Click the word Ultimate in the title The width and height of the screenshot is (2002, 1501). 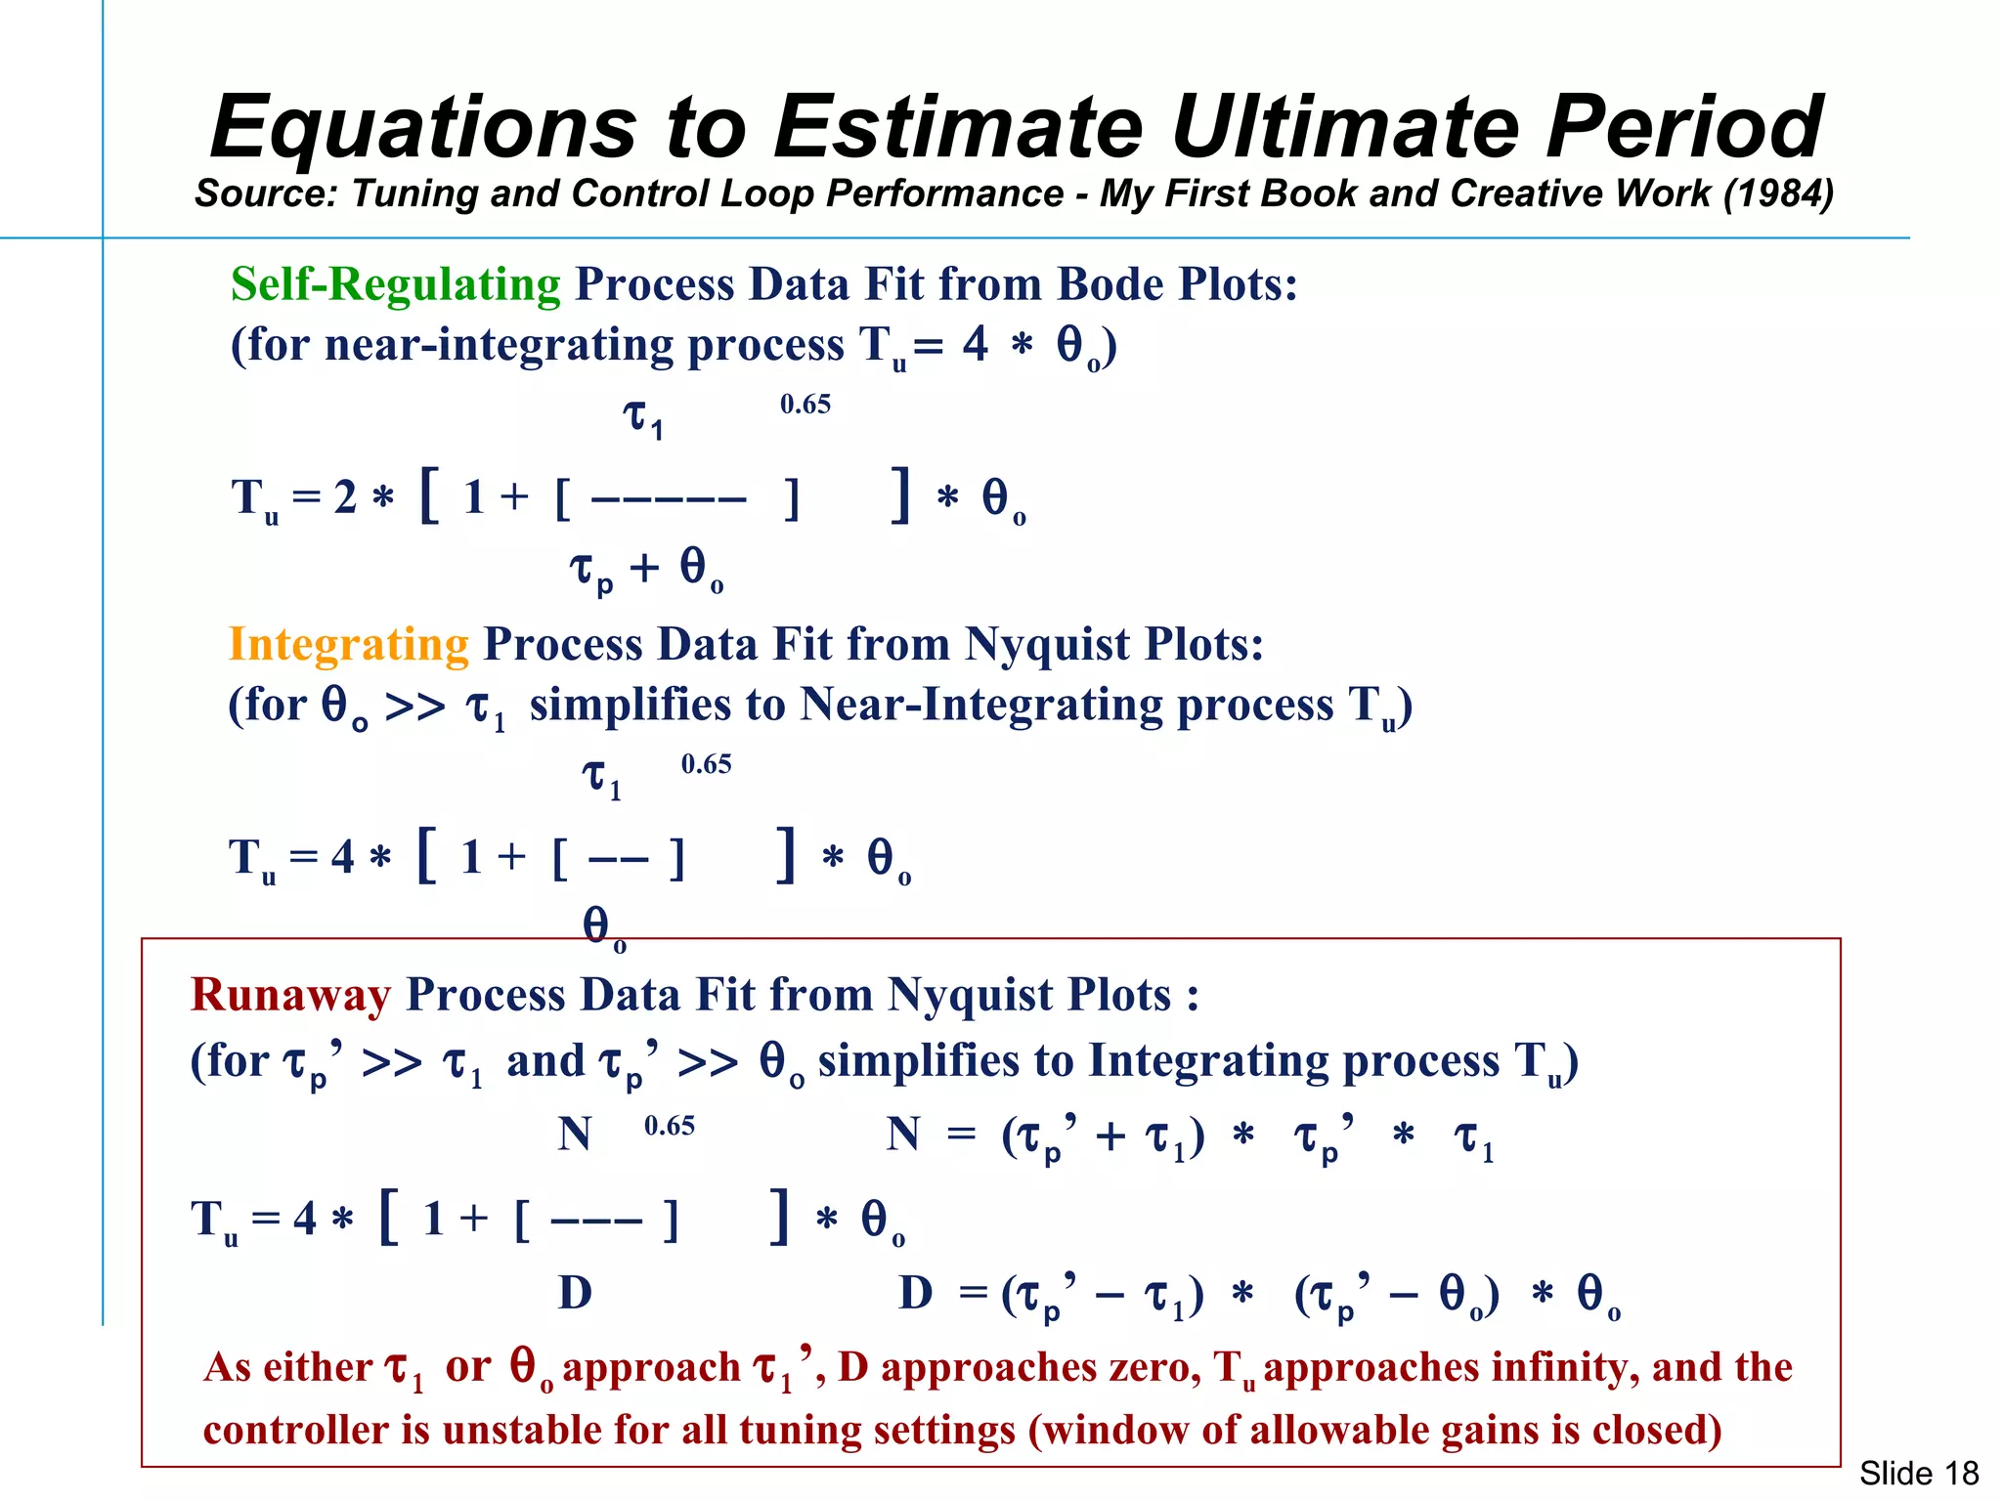(1345, 127)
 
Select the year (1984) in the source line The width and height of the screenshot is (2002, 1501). (1778, 193)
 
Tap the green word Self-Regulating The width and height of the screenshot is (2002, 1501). (396, 285)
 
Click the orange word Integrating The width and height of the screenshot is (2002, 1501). (349, 645)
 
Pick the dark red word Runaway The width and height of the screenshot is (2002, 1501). (290, 995)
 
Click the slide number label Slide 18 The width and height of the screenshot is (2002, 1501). (1918, 1472)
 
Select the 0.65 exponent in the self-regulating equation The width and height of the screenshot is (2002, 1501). (805, 405)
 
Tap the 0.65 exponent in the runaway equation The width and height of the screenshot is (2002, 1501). (670, 1126)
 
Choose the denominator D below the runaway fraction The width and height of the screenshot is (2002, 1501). (575, 1294)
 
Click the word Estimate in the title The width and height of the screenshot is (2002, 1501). (958, 127)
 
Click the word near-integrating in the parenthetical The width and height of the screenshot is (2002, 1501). (500, 345)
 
